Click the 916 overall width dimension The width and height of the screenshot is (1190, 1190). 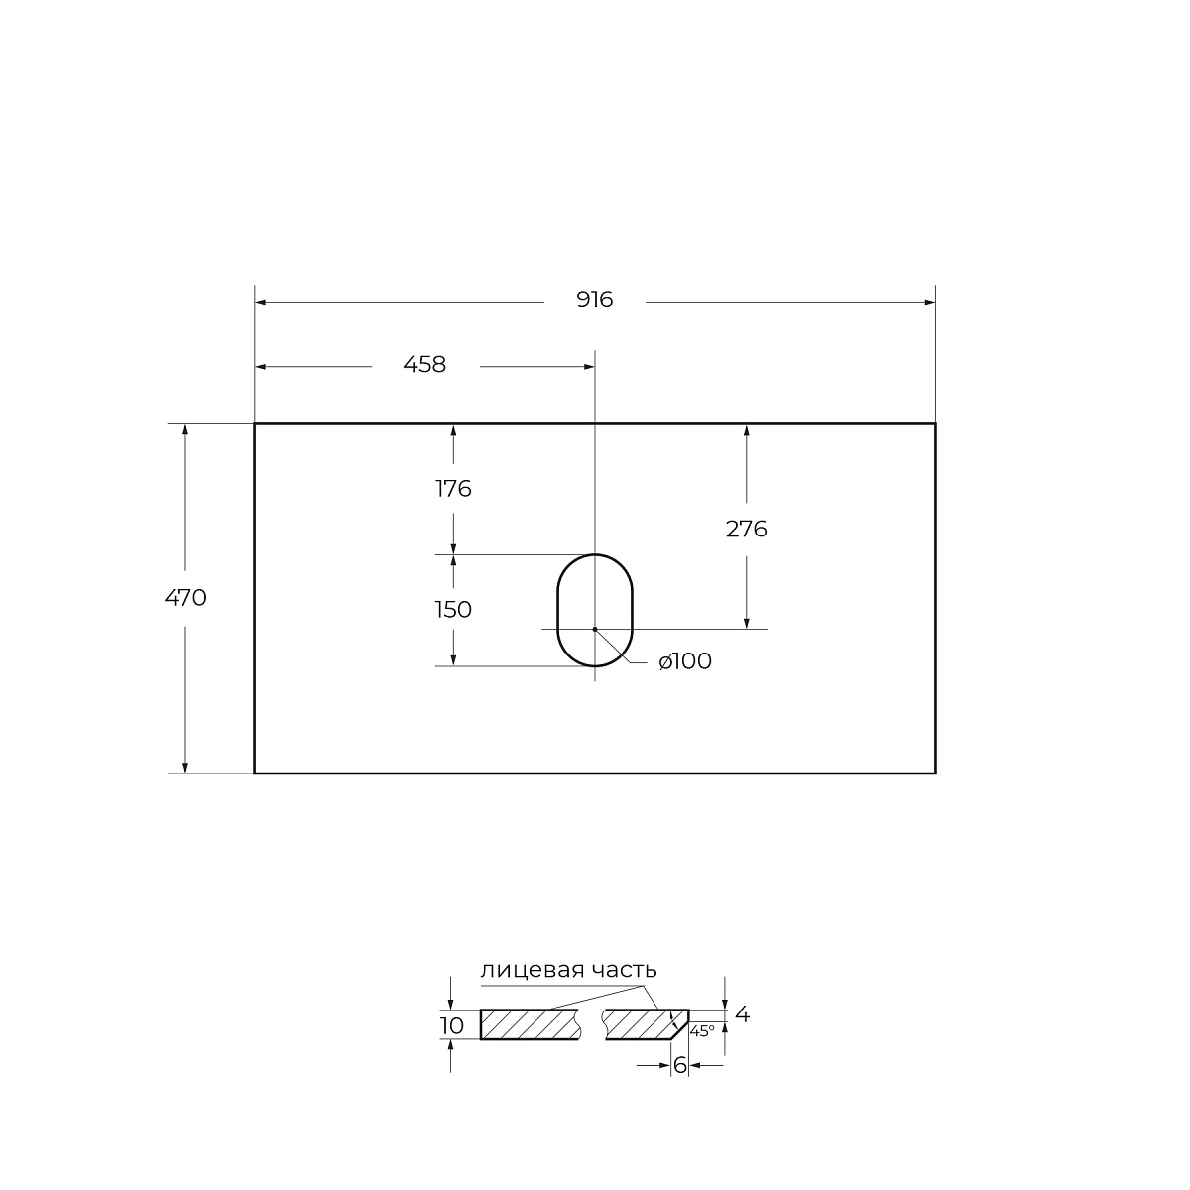click(595, 300)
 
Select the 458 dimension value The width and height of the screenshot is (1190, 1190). click(424, 364)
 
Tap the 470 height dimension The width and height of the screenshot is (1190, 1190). click(185, 597)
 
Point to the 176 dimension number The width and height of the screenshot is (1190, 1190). click(453, 489)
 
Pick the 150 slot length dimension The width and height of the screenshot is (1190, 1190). click(453, 610)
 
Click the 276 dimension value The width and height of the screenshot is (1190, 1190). click(746, 529)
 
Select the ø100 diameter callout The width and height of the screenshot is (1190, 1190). click(685, 660)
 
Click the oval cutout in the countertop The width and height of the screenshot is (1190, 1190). click(557, 610)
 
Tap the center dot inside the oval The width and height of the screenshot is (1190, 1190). click(595, 629)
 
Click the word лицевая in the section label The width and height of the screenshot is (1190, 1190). click(533, 970)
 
